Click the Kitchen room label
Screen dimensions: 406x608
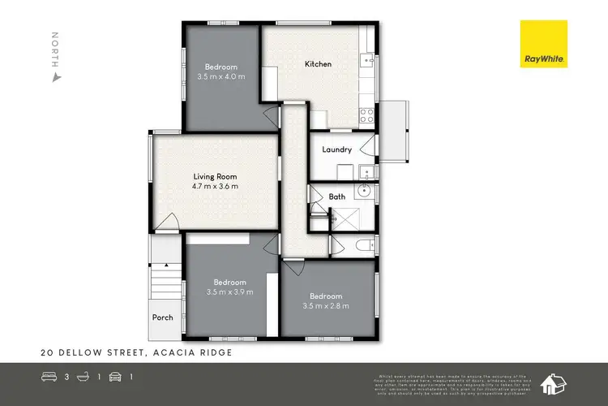tap(318, 63)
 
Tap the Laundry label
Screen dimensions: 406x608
tap(336, 149)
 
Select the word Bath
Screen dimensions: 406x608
tap(337, 197)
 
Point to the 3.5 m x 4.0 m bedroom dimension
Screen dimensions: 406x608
tap(221, 76)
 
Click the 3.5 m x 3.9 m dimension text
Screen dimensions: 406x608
tap(229, 292)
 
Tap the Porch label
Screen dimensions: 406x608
tap(162, 317)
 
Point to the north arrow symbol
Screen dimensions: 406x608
tap(55, 78)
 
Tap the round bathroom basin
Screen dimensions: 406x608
tap(363, 192)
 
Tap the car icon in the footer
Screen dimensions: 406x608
tap(115, 377)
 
